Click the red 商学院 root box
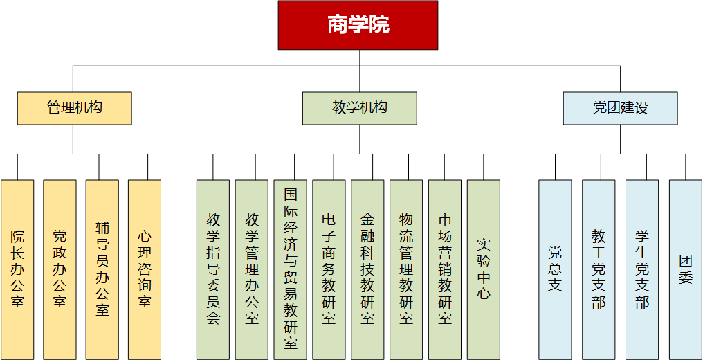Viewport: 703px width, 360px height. point(358,25)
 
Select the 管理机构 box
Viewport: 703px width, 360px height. point(75,108)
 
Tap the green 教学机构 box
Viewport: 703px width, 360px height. point(359,108)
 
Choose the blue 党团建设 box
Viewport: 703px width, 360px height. point(620,108)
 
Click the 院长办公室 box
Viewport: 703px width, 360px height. point(17,269)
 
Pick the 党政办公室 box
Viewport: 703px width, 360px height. point(60,269)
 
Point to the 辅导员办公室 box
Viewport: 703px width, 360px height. point(102,269)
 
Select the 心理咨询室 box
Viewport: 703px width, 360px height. point(145,269)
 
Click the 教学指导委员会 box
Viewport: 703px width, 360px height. point(213,269)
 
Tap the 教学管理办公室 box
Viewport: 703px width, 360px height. point(252,269)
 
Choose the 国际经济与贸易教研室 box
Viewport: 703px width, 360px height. point(291,269)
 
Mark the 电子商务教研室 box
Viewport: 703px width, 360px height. point(329,269)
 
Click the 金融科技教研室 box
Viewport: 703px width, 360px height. point(367,269)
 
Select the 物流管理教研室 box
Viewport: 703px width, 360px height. point(406,269)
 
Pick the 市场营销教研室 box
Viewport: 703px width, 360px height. point(445,269)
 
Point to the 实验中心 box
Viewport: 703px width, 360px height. point(484,269)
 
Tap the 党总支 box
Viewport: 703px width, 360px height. point(555,269)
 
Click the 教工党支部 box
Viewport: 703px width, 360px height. point(599,269)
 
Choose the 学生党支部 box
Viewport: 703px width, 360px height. point(642,269)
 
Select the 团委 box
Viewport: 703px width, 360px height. point(686,269)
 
